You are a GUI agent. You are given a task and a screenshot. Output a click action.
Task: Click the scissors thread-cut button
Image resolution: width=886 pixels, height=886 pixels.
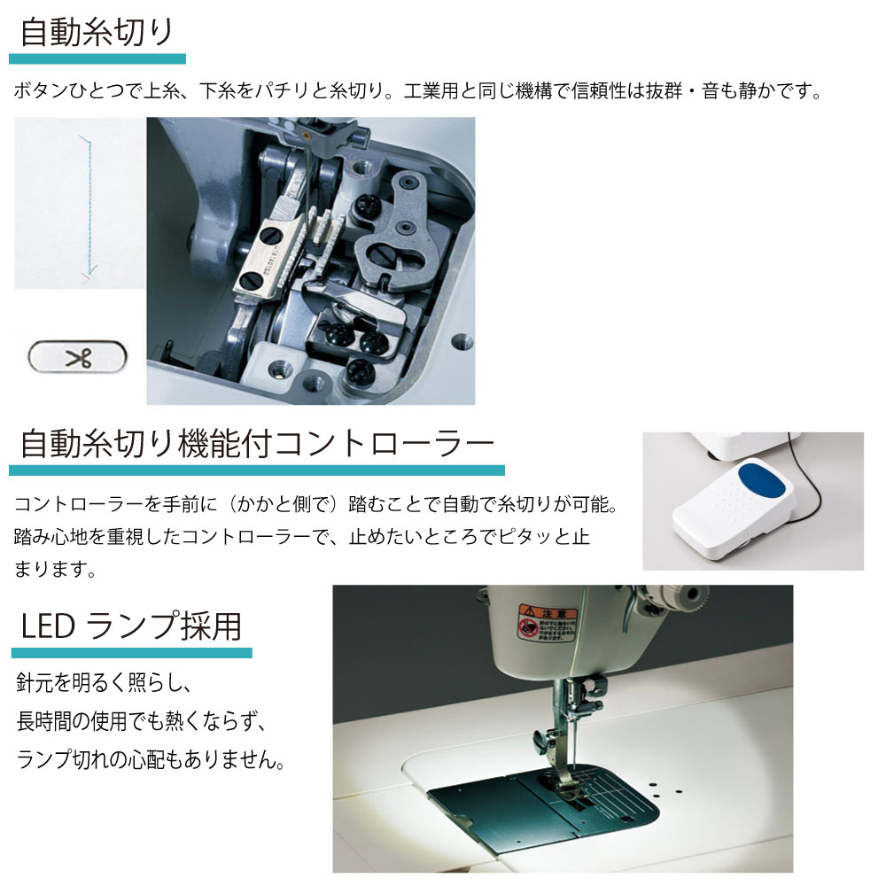coord(77,356)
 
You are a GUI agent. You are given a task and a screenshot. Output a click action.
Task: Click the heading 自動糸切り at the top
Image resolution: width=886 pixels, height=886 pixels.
coord(96,33)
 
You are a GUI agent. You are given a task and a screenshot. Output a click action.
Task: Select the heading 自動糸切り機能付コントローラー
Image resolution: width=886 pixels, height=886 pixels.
coord(257,444)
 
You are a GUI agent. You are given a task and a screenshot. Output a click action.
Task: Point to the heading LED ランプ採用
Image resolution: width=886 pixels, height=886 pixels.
coord(131,626)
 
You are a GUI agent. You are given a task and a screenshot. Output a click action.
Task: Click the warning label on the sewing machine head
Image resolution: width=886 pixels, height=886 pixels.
coord(547,622)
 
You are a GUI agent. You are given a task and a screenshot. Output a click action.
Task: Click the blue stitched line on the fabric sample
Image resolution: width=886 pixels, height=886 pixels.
coord(89,206)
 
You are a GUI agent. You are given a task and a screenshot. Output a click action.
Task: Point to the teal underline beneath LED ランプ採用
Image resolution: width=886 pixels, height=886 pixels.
coord(132,653)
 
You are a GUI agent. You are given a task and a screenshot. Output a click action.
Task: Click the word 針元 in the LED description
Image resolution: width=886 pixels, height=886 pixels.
coord(35,682)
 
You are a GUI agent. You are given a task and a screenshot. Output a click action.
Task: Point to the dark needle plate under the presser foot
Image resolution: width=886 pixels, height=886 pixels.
coord(542,808)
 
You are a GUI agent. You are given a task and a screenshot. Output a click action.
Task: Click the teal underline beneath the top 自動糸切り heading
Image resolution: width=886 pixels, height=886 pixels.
coord(97,58)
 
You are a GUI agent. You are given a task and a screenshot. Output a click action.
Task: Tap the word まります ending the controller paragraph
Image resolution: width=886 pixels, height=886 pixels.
coord(50,569)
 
